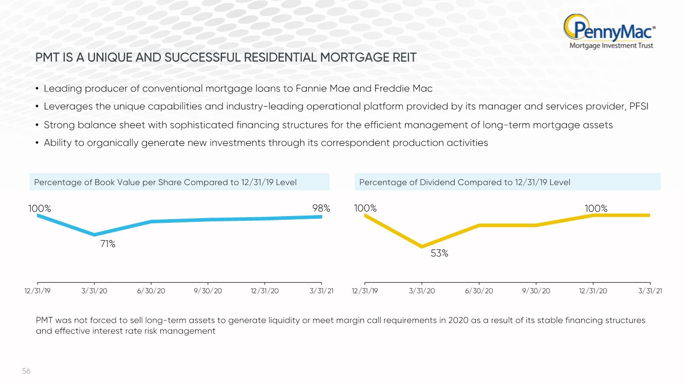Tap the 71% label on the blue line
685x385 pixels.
tap(107, 244)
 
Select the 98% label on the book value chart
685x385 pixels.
tap(321, 208)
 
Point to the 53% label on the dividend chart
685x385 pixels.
tap(439, 253)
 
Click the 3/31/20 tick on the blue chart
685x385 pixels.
tap(94, 291)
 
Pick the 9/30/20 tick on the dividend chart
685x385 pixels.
tap(536, 291)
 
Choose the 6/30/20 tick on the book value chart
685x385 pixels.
tap(151, 291)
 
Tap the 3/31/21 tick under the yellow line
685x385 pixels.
tap(650, 291)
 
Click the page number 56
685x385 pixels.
tap(26, 371)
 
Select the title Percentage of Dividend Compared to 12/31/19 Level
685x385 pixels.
tap(465, 182)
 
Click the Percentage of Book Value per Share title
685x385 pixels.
tap(165, 182)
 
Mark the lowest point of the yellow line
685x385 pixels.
tap(422, 247)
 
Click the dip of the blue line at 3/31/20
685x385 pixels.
tap(94, 235)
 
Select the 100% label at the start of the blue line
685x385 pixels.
tap(40, 208)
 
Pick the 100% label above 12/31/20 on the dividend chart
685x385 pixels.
tap(596, 208)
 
